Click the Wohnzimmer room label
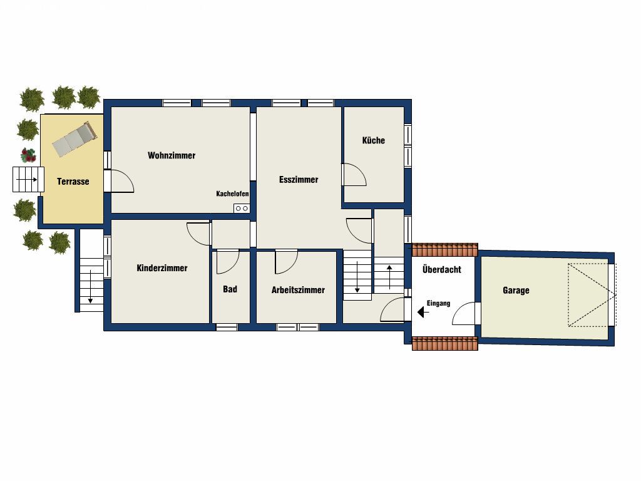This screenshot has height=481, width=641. [172, 155]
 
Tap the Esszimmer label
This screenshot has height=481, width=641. [299, 180]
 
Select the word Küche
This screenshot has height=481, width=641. [373, 140]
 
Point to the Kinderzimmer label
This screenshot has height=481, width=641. [162, 268]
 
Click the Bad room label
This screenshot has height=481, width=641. [230, 289]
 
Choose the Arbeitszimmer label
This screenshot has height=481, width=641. [298, 290]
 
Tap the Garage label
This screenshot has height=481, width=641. [516, 291]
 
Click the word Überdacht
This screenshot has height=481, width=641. [441, 269]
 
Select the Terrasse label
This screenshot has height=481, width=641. [73, 181]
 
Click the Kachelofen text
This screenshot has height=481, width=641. [232, 194]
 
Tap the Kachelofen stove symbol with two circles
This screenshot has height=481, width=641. [242, 209]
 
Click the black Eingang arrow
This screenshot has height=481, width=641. [423, 313]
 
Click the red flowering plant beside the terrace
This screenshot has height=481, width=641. [28, 155]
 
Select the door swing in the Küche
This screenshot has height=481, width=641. [354, 175]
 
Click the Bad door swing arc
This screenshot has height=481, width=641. [228, 262]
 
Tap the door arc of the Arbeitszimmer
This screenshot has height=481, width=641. [286, 262]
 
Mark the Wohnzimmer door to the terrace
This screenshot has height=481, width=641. [122, 181]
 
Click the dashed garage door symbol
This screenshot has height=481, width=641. [592, 295]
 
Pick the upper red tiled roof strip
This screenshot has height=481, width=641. [445, 249]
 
